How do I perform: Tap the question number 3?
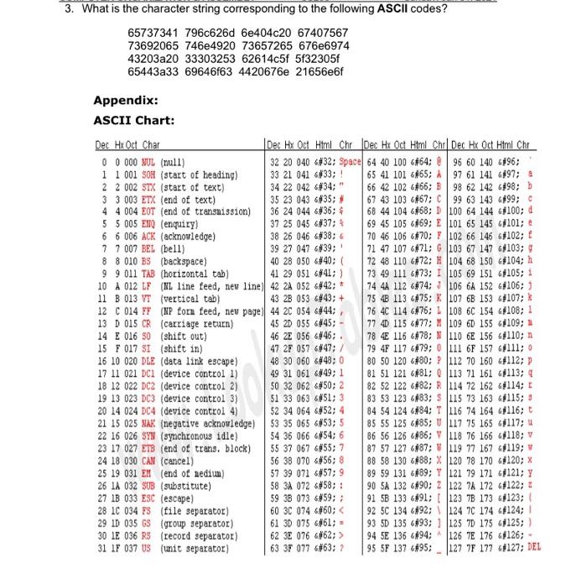click(x=70, y=8)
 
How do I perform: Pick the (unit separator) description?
click(x=190, y=549)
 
